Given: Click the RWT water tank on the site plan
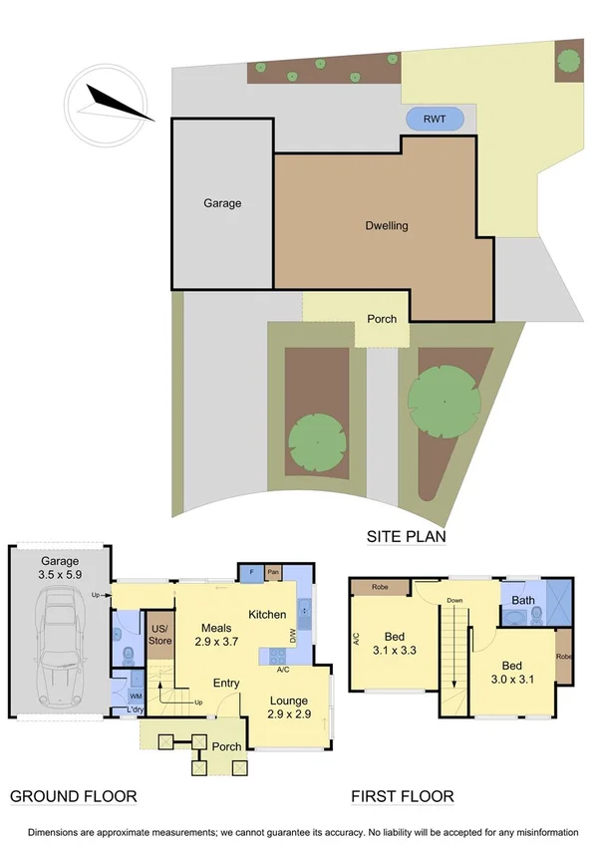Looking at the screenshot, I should (435, 120).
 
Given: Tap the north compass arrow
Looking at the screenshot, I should (120, 104).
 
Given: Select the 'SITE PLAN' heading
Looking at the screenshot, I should (405, 536).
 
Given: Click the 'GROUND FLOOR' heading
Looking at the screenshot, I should (73, 796).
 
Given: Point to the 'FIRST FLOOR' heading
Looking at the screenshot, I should (403, 796).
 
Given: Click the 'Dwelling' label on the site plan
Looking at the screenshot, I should (386, 225).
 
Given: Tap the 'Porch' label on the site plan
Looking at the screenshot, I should (382, 319).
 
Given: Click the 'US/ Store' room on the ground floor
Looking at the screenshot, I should (158, 634).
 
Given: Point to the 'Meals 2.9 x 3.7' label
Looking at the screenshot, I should (216, 635).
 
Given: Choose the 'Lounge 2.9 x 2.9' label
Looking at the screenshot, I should (288, 708).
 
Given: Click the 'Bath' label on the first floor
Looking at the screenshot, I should (523, 600).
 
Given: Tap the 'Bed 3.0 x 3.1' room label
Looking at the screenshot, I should (511, 673).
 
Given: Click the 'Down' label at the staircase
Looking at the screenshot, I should (454, 601).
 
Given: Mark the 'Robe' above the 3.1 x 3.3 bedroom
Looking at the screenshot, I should (380, 587).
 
